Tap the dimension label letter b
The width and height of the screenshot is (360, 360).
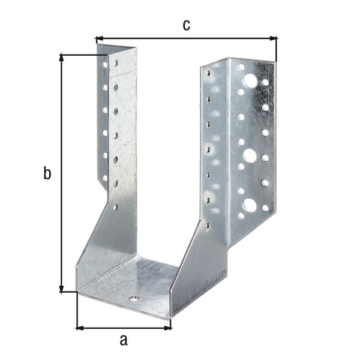[47, 174]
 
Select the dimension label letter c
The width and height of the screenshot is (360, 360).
[186, 25]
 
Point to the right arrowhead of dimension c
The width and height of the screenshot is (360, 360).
[275, 39]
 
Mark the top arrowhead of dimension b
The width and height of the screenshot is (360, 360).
[62, 57]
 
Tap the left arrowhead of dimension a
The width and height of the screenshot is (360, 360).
[79, 328]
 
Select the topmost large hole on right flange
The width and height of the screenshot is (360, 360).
[250, 80]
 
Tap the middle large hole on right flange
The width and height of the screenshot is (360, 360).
[250, 156]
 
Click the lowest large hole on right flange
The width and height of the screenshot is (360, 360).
[250, 205]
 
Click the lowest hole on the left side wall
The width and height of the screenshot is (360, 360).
[115, 206]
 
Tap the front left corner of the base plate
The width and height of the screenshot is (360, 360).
[78, 292]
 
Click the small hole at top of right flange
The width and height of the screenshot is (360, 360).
[241, 66]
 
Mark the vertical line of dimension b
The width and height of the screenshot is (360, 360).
[62, 174]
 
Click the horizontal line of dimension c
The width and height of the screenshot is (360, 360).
[186, 39]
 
